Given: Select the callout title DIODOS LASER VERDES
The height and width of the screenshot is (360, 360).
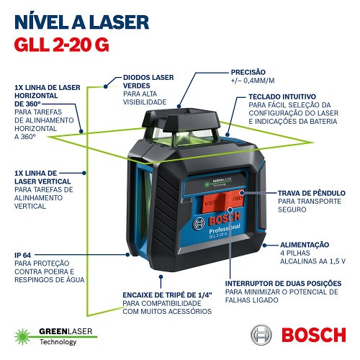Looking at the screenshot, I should (x=149, y=81).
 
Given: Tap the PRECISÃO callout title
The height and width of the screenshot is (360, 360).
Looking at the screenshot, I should (x=248, y=72).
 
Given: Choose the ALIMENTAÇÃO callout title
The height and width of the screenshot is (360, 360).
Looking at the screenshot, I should (x=303, y=244).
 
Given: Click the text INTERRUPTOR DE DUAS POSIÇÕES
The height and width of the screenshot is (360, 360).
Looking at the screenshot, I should (x=283, y=284).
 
